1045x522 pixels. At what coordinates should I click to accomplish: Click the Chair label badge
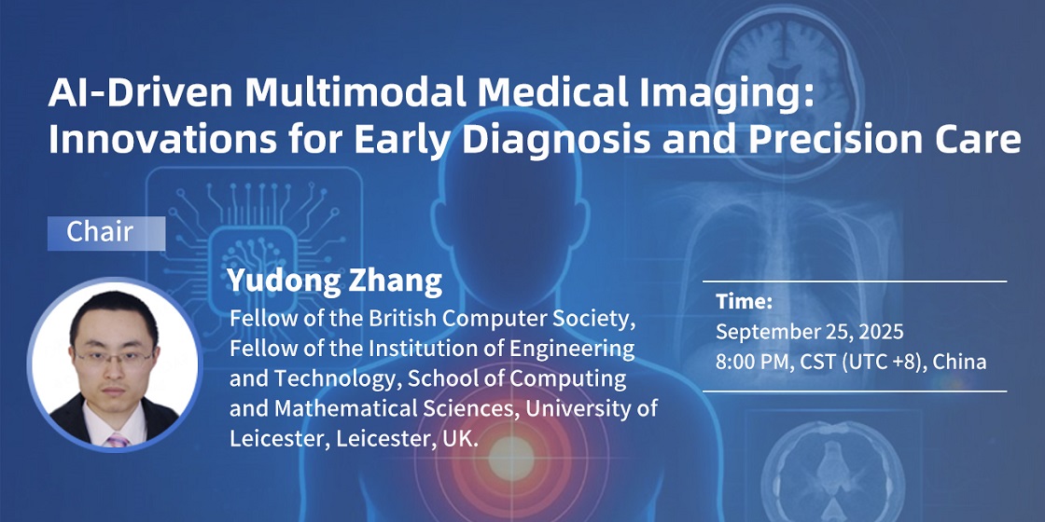(106, 233)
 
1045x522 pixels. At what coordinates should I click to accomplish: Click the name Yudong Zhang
(335, 281)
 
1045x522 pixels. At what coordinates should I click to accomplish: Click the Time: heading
(745, 302)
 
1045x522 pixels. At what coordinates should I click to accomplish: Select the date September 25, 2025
(810, 332)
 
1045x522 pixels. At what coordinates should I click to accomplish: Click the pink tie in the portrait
(118, 439)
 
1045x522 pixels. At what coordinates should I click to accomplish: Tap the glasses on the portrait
(115, 357)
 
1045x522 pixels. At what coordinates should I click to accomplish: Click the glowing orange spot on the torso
(511, 458)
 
